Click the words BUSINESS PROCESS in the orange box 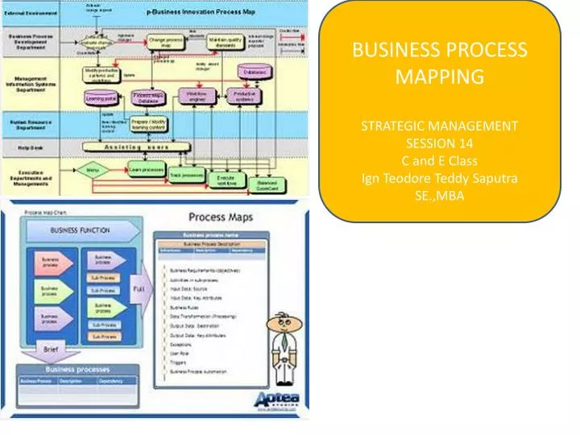coord(440,50)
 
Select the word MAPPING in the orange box coord(440,77)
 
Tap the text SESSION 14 coord(440,143)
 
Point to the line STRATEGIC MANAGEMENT coord(440,126)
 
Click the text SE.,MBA coord(440,195)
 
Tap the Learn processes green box coord(147,170)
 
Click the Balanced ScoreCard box coord(267,184)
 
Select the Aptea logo coord(279,400)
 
